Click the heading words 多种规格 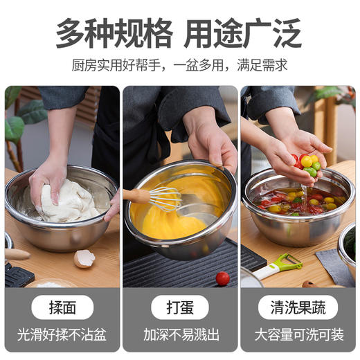coord(114,33)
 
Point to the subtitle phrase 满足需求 coord(262,66)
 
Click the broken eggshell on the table coord(84,259)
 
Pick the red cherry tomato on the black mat coord(222,278)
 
